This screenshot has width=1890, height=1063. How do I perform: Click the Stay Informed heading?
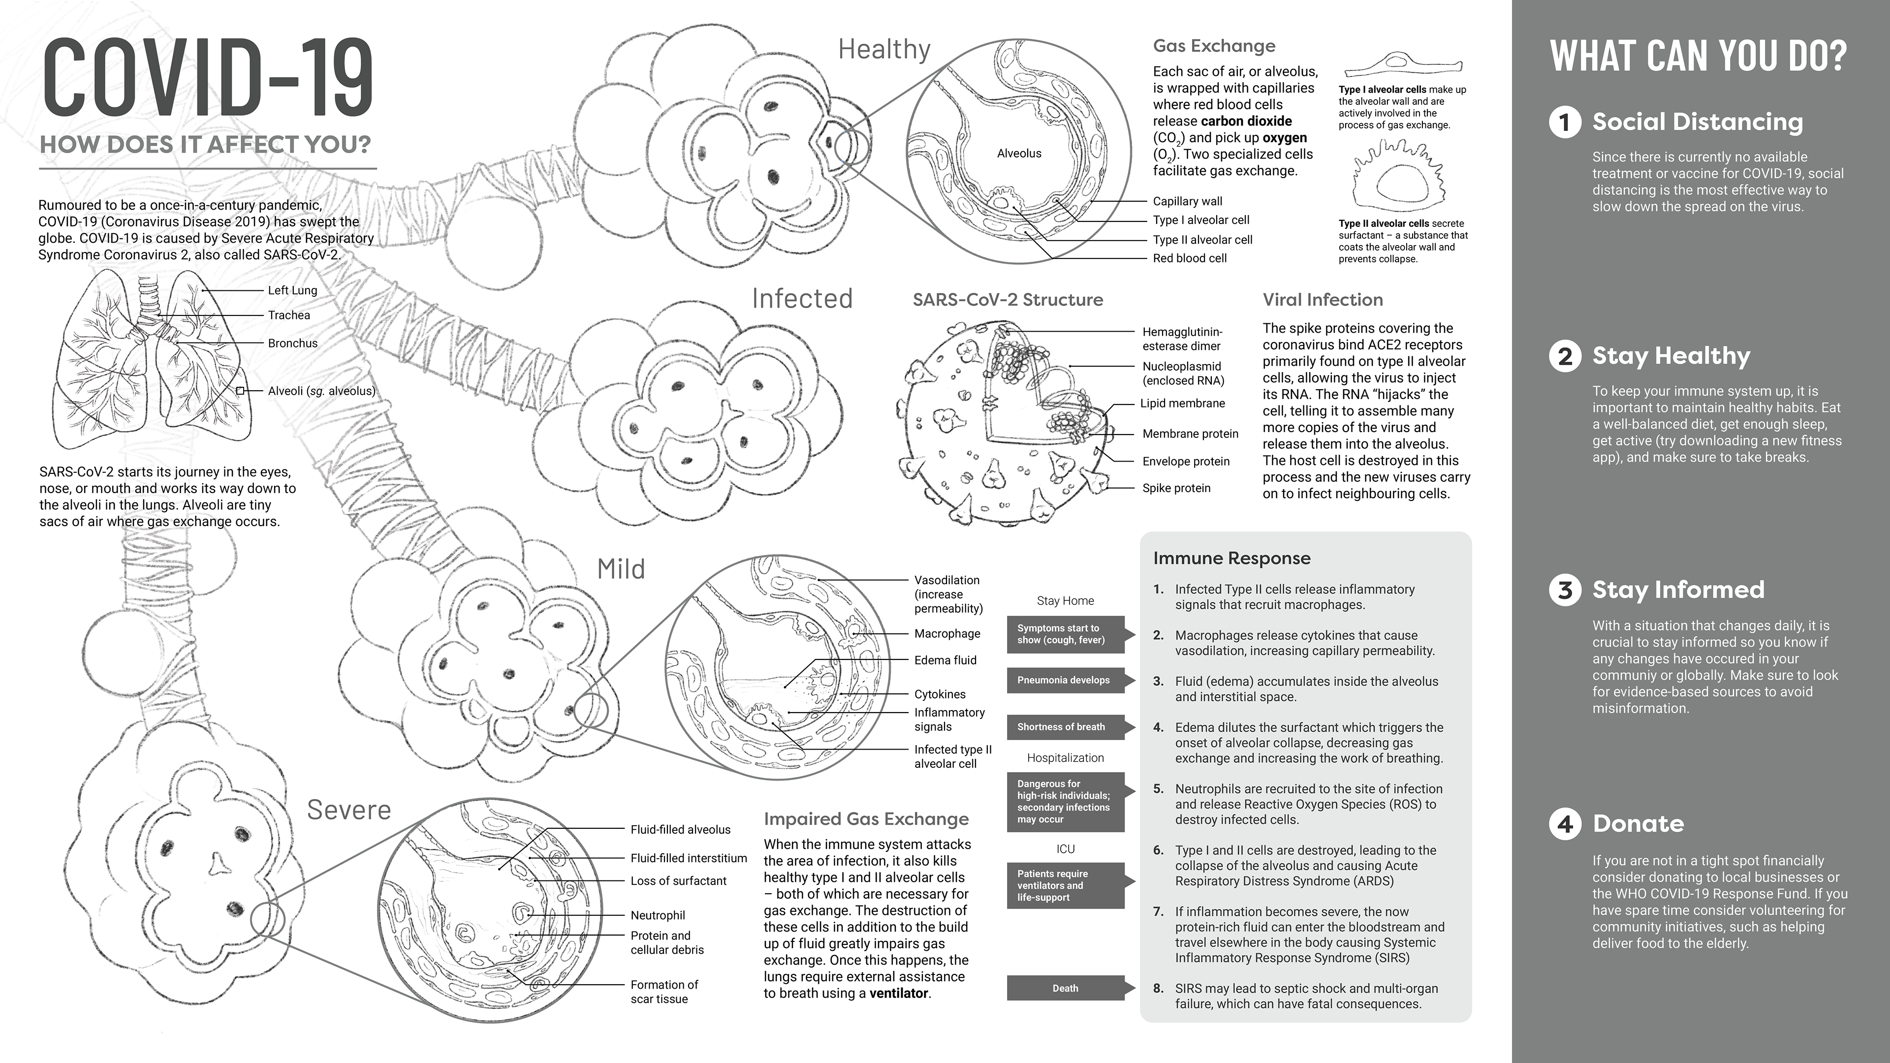(x=1678, y=590)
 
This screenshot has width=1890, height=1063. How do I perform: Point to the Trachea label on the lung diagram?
(x=288, y=315)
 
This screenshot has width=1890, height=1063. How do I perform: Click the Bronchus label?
(x=292, y=344)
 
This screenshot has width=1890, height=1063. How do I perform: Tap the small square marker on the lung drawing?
(x=240, y=391)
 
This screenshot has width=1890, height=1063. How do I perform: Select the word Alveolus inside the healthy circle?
(x=1018, y=154)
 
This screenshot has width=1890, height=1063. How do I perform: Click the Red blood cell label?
(x=1189, y=258)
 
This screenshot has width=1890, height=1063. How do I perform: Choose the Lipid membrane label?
(x=1182, y=404)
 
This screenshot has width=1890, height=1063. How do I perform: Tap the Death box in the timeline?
(x=1065, y=988)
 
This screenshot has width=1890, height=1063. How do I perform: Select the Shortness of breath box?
(x=1062, y=727)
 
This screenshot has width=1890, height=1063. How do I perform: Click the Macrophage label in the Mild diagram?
(x=946, y=634)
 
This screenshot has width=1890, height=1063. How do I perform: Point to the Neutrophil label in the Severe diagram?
(x=658, y=915)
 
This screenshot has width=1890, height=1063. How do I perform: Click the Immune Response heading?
(x=1231, y=558)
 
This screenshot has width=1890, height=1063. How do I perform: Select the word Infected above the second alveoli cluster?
(x=802, y=299)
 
